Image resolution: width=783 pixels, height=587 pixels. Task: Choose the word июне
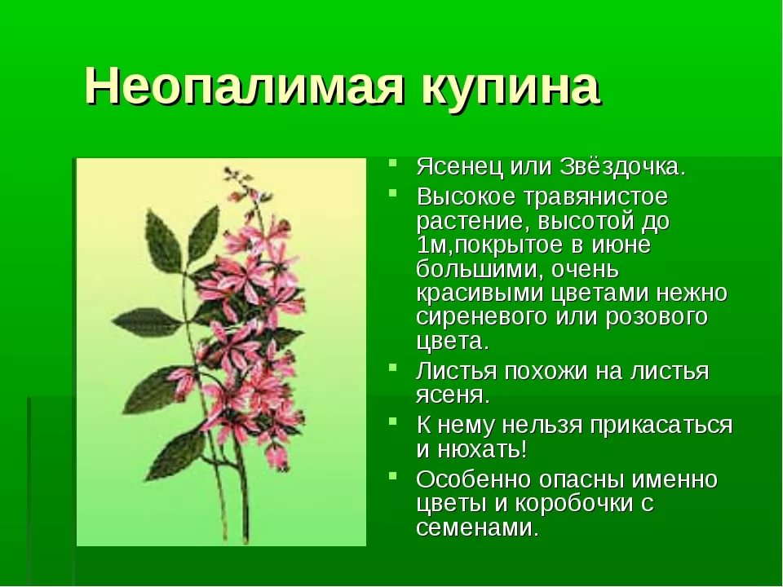pos(621,245)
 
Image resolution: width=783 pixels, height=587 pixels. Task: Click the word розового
pos(656,317)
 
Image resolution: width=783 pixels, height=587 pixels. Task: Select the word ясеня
pos(453,396)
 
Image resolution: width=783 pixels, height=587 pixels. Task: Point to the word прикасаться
pos(661,426)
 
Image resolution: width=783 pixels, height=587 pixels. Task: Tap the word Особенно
pos(472,479)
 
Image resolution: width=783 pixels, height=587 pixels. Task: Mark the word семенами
pos(477,528)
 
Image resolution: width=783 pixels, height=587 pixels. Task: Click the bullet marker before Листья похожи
pos(393,368)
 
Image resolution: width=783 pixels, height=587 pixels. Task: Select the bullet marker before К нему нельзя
pos(393,421)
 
